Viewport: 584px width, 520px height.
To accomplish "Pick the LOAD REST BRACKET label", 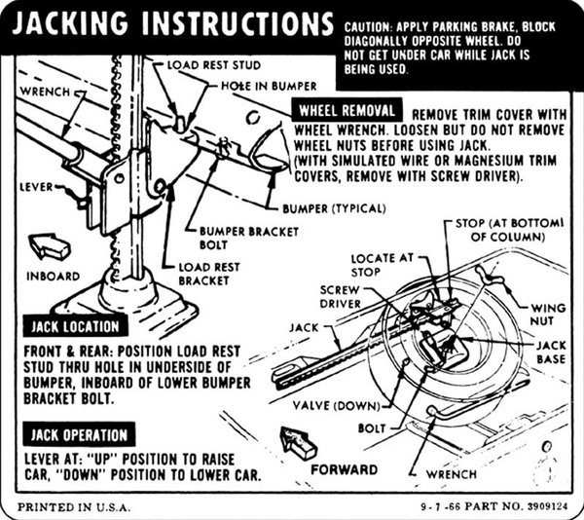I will [205, 274].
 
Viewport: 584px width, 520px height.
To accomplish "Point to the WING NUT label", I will [548, 315].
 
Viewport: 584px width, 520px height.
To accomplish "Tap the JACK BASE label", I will [550, 353].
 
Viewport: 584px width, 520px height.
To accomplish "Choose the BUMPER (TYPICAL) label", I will [334, 208].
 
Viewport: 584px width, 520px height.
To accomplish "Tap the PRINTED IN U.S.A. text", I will [68, 506].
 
